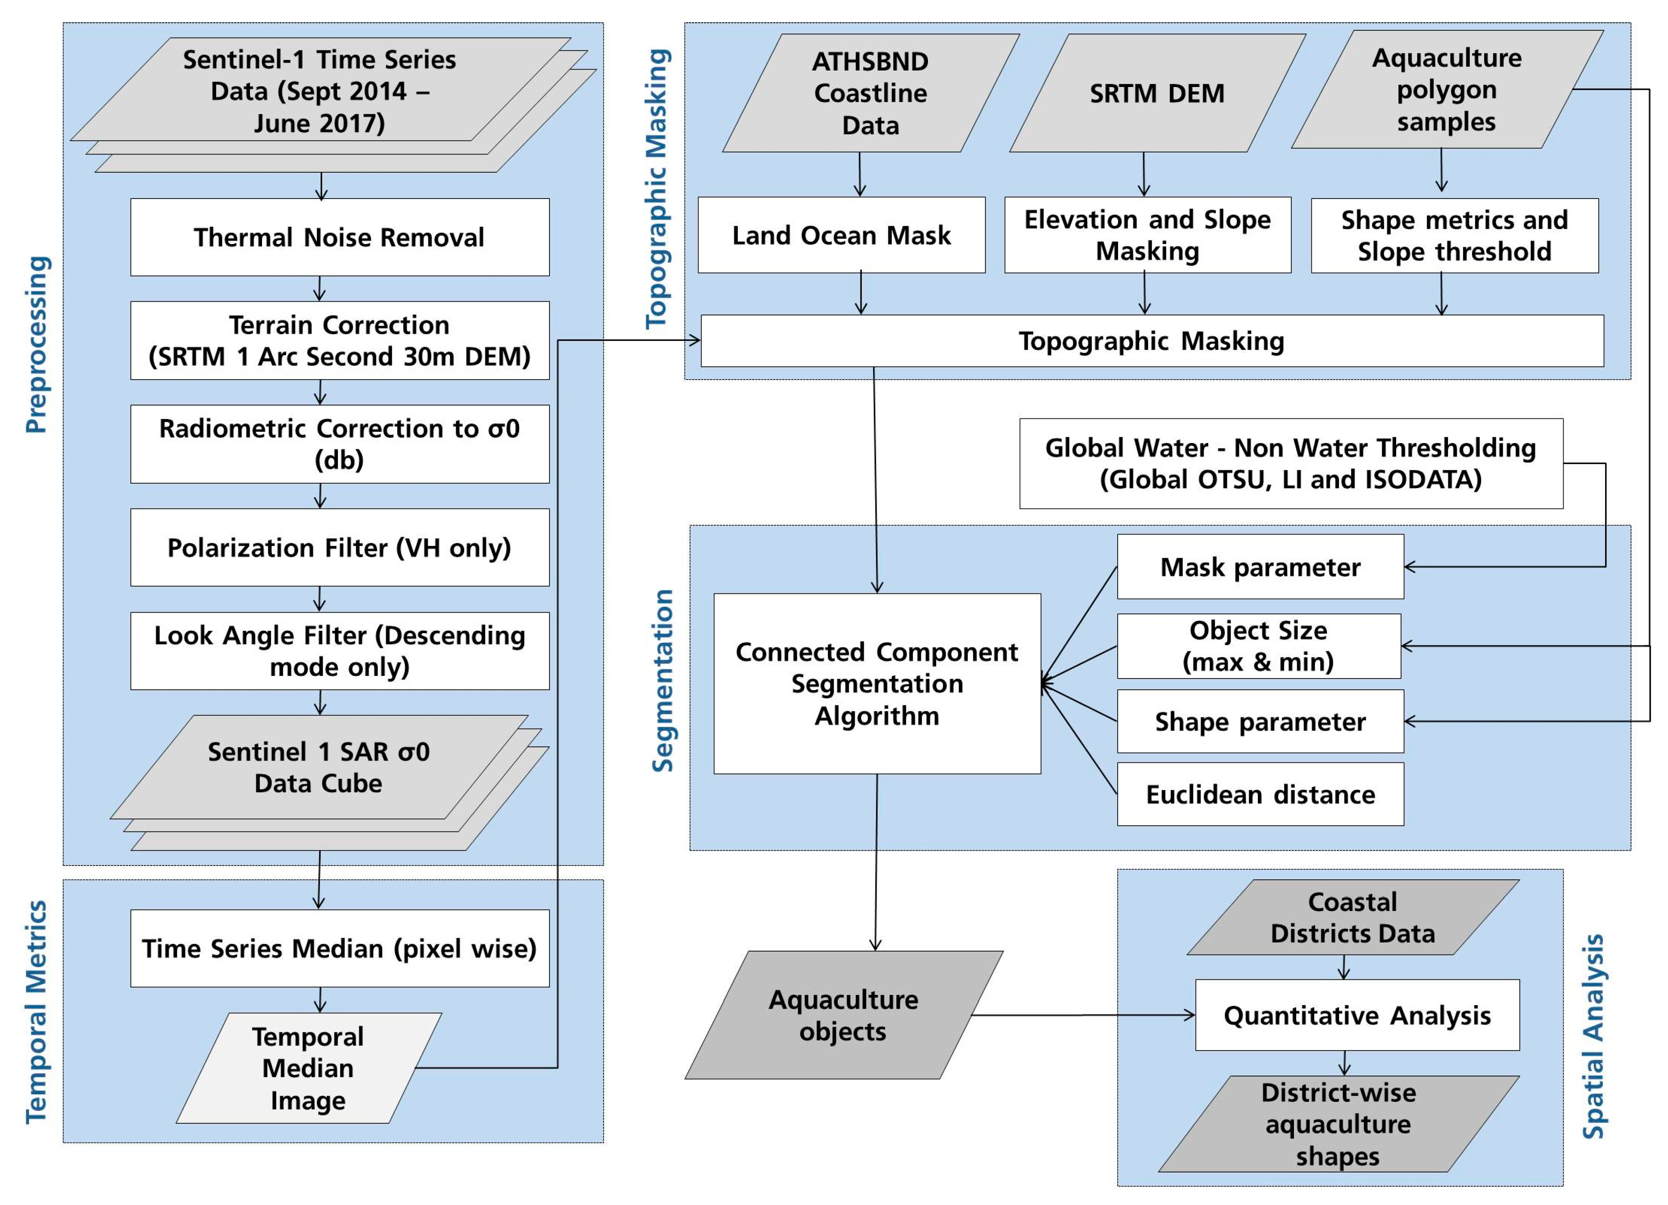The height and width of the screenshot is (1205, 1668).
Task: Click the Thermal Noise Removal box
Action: (339, 237)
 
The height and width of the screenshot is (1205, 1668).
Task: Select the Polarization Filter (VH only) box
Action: (339, 548)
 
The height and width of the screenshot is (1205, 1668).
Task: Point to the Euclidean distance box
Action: (1260, 795)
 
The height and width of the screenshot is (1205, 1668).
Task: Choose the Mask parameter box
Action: (1260, 567)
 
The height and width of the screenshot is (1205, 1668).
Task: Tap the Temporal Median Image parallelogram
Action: (308, 1068)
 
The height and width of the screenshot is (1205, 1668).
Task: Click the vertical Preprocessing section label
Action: (37, 344)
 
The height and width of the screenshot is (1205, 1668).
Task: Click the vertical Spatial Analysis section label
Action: (1593, 1037)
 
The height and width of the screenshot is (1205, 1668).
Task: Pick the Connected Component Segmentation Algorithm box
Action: (877, 684)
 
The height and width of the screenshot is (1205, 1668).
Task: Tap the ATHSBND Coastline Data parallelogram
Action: (870, 93)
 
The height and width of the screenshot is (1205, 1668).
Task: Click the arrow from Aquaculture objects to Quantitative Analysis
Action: (1081, 1015)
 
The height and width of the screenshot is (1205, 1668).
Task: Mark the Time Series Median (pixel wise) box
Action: (339, 948)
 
